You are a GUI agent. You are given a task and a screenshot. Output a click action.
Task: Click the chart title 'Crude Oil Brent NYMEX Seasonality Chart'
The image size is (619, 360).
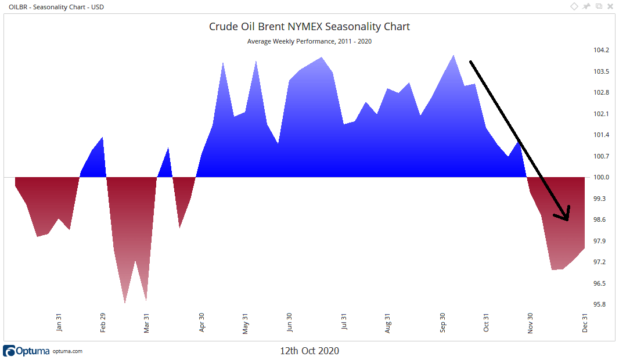[310, 27]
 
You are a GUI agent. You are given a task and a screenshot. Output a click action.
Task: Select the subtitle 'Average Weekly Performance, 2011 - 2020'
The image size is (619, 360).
[310, 41]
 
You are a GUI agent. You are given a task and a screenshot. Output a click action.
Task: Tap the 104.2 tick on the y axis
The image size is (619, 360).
[601, 51]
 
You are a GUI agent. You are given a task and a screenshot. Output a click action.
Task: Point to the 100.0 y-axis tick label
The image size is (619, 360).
[601, 177]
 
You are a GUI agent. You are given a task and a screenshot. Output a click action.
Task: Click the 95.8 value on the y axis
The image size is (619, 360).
[601, 304]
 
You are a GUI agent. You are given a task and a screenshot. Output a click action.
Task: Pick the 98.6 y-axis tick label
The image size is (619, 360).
[601, 219]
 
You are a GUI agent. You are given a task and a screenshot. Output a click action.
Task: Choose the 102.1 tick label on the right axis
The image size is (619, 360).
[601, 114]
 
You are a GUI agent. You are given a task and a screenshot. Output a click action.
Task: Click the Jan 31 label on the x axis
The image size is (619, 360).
[59, 322]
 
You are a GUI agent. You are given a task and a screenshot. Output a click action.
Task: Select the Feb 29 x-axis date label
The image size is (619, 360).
[103, 322]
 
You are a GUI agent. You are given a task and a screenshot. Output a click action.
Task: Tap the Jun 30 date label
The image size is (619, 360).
[289, 322]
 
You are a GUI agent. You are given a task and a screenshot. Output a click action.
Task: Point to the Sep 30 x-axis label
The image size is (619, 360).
[443, 322]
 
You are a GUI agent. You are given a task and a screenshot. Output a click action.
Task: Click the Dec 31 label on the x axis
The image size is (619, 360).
[585, 322]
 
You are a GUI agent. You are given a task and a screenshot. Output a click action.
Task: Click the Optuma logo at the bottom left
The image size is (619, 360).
[27, 351]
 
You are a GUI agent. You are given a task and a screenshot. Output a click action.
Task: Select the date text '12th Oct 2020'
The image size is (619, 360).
[310, 351]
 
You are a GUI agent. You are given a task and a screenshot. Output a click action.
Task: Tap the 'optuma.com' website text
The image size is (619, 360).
[67, 351]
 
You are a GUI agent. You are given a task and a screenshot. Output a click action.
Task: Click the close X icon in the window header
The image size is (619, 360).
[610, 6]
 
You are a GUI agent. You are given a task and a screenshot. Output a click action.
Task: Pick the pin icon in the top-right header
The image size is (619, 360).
[586, 6]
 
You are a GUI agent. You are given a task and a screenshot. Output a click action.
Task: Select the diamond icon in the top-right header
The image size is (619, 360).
[574, 6]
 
